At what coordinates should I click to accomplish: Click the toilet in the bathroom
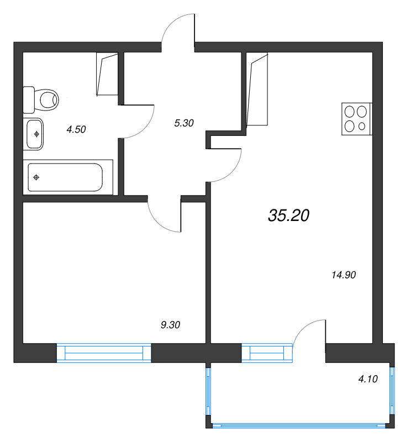40,99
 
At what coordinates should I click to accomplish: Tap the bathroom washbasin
34,134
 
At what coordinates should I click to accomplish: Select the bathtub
68,177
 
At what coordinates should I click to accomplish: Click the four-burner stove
357,119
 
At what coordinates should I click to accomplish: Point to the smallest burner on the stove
362,127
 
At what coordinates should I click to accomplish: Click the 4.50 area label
76,129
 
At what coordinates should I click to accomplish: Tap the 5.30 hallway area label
184,123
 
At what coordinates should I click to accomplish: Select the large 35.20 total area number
289,215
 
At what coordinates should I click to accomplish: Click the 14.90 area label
344,275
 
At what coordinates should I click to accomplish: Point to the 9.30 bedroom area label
170,325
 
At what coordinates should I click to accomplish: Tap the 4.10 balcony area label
368,379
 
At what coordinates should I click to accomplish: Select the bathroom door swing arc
145,128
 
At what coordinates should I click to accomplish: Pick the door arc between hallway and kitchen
233,172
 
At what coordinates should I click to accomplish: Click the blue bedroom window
104,352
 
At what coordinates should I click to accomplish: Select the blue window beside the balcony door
267,352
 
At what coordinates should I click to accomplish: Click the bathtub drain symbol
36,177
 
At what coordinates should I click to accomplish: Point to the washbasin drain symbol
36,134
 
